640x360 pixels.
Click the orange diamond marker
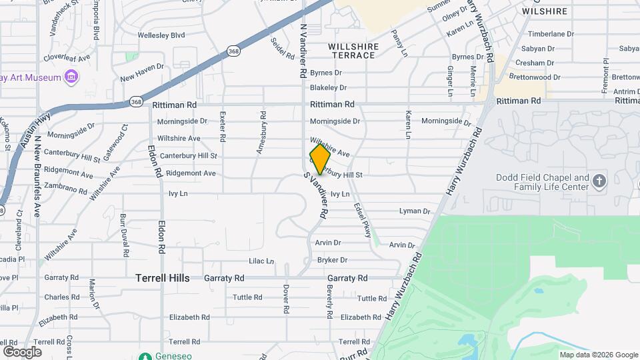pos(320,159)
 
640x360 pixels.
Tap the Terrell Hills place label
pos(163,278)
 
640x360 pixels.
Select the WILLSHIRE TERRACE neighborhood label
pos(353,51)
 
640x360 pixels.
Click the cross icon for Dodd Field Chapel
pos(599,181)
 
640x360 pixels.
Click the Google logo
pos(22,351)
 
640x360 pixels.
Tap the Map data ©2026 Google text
pos(598,355)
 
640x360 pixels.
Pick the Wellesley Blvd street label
pos(161,35)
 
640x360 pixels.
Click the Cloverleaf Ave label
pos(67,58)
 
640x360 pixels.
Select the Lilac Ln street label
pos(261,261)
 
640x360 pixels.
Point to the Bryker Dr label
pos(332,260)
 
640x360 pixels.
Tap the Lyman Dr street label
pos(414,211)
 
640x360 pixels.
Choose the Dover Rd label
pos(285,299)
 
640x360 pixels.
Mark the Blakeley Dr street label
pos(328,87)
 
